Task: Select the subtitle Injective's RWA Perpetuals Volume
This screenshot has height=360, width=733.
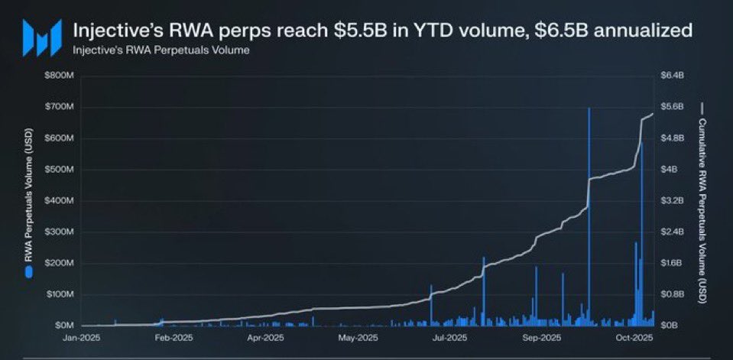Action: click(x=161, y=51)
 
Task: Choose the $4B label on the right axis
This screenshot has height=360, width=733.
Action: click(x=669, y=170)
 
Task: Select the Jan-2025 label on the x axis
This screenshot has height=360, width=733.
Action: click(x=80, y=338)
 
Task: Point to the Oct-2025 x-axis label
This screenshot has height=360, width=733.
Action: click(x=634, y=338)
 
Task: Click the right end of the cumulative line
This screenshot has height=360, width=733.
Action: click(x=653, y=114)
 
